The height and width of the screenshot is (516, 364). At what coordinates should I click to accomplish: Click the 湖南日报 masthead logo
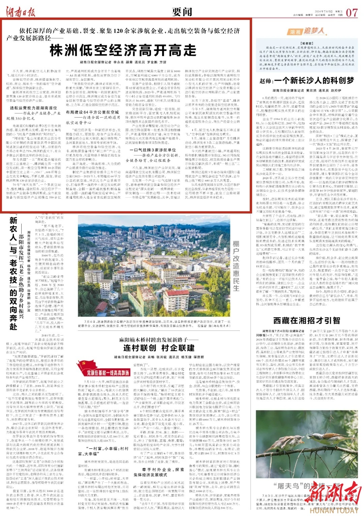coord(21,12)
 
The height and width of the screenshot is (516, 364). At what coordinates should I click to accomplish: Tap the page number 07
coord(352,12)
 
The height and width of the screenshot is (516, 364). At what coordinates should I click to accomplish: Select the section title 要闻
coord(182,12)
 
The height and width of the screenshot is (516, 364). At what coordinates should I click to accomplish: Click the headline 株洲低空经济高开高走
coord(123,51)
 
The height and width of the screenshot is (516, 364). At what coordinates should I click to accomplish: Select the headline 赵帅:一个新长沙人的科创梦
coord(307,81)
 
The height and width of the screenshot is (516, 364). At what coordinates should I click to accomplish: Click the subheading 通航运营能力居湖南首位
coord(34,108)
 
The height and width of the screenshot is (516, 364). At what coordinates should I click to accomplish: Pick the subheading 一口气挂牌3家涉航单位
coord(155,150)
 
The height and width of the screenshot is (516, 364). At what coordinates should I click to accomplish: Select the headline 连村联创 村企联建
coord(158,348)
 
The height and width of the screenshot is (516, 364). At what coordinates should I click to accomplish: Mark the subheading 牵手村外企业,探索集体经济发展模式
coord(158,472)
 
